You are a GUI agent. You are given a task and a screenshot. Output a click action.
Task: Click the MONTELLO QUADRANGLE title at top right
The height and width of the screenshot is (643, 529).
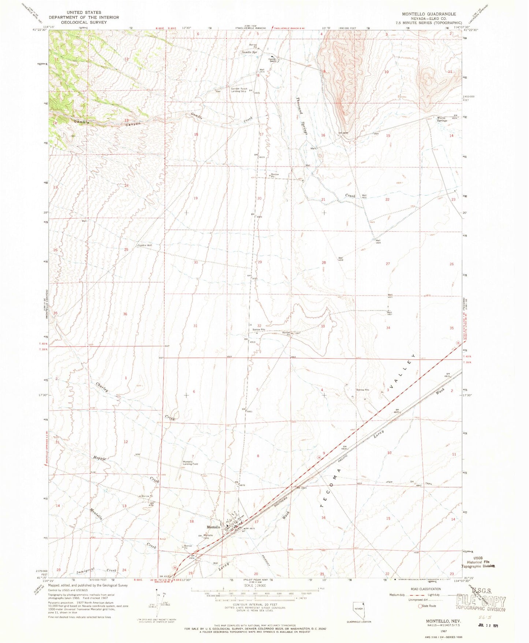tap(429, 14)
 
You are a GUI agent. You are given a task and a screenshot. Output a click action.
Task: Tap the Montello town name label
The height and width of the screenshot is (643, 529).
tap(213, 527)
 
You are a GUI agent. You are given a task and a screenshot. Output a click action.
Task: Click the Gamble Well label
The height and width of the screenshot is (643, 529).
tap(145, 245)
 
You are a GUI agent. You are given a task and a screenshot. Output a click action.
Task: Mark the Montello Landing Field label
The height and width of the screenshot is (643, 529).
tap(190, 463)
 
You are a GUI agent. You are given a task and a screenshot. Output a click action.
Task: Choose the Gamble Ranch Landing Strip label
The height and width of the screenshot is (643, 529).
tap(238, 90)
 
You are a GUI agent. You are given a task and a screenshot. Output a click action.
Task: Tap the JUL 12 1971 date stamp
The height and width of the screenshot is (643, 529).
tap(488, 625)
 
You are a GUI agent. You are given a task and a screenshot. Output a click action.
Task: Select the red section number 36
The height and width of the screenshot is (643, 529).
tap(125, 314)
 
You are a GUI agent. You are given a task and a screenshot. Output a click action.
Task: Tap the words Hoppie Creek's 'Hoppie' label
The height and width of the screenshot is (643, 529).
tap(99, 458)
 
